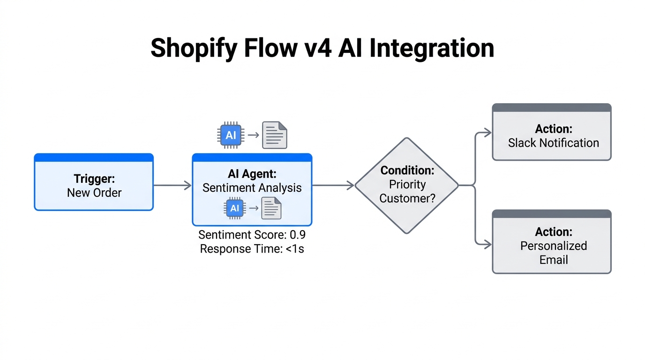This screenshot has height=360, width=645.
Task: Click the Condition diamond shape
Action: pos(406,185)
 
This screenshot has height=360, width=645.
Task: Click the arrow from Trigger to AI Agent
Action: pos(172,186)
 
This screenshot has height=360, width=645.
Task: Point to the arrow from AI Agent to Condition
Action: pos(333,186)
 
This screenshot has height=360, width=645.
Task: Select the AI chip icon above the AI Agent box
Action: pos(231,135)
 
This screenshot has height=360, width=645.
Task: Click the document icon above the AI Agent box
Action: pos(274,135)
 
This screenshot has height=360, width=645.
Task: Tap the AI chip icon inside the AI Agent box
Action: pos(235,208)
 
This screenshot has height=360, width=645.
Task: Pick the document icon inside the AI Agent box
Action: pos(271,208)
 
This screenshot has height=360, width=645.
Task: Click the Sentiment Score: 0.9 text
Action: pos(252,234)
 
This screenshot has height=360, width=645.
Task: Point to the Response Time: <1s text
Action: pos(252,249)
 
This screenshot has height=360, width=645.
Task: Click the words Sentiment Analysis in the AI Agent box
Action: pos(252,188)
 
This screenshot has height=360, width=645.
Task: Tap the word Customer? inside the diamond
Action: pos(407,198)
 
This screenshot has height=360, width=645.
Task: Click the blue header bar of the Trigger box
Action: pos(94,157)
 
